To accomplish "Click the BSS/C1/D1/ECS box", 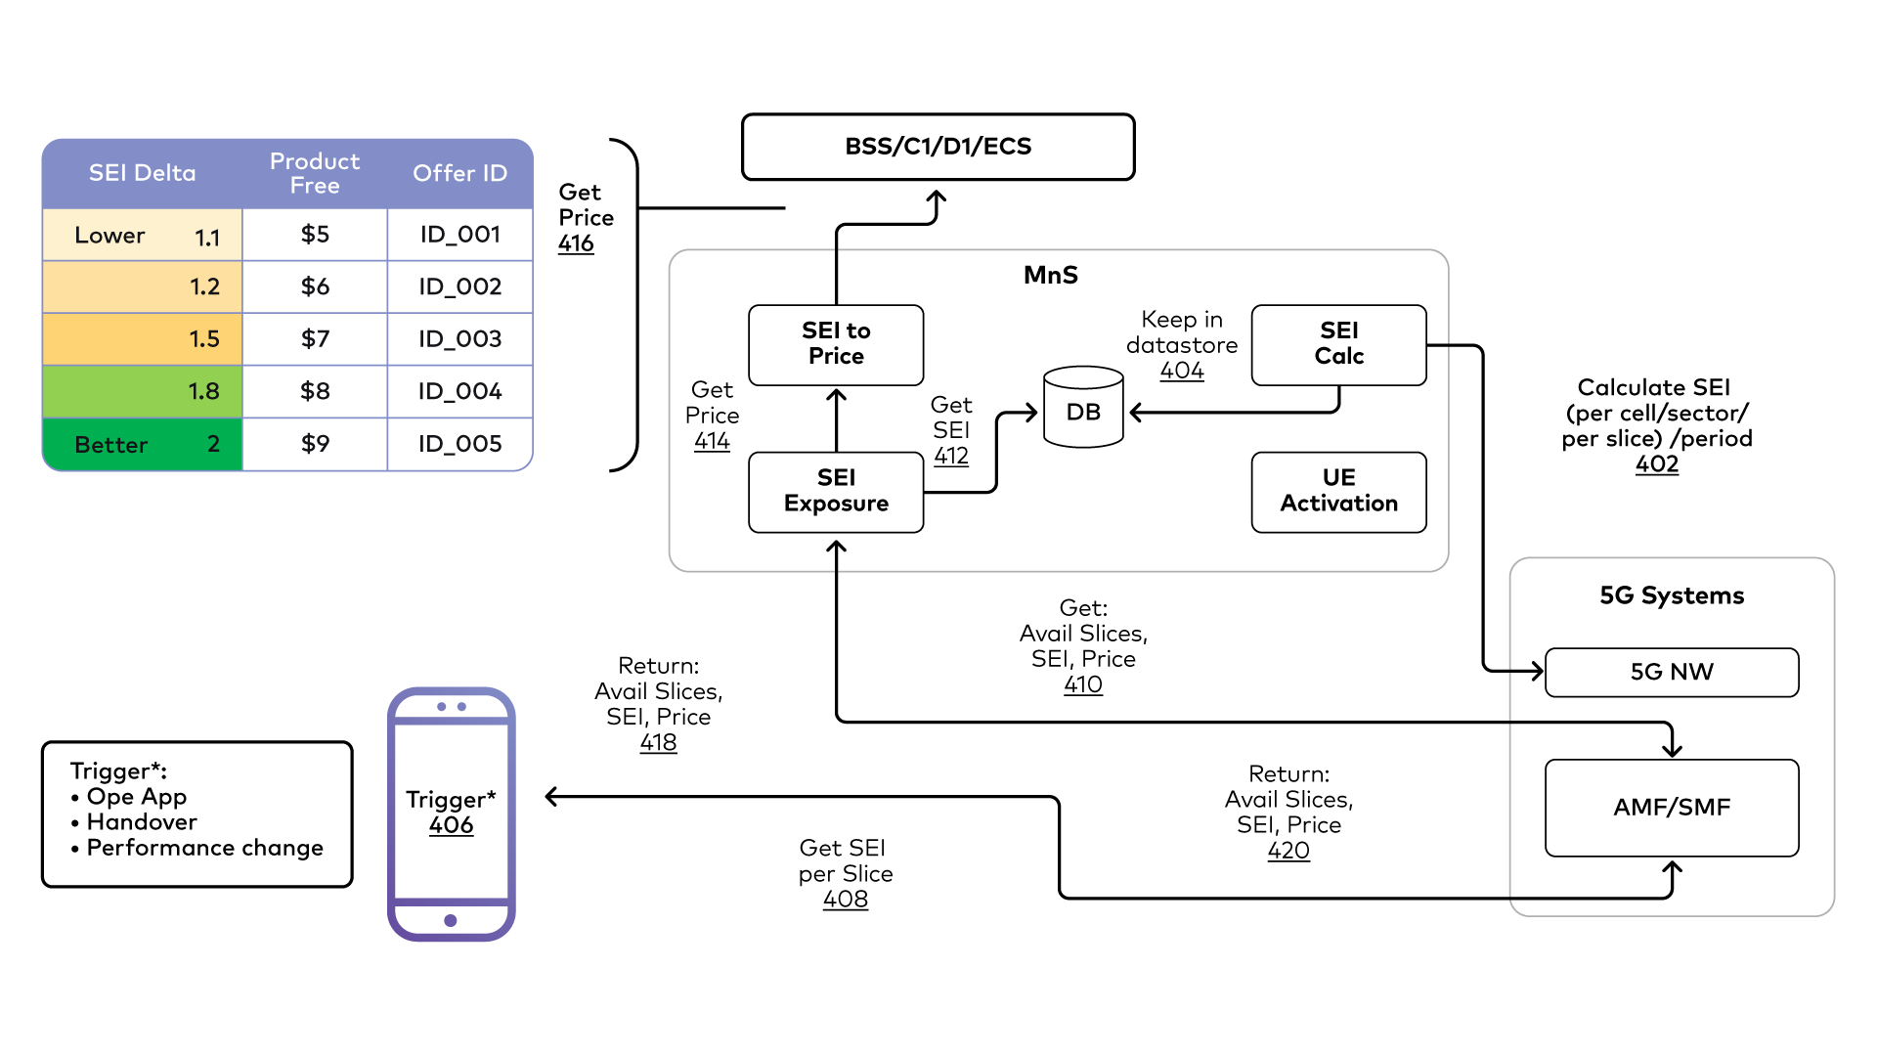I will click(x=938, y=147).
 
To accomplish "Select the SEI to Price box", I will click(x=836, y=344).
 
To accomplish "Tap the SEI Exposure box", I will click(x=836, y=491).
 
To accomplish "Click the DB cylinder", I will click(x=1083, y=409).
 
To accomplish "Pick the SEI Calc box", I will click(x=1338, y=344).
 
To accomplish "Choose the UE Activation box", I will click(x=1338, y=491).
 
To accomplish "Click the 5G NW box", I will click(x=1671, y=672).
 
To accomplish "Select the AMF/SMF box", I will click(x=1671, y=808).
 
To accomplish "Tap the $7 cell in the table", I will click(x=315, y=339).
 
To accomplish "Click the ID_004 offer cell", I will click(x=459, y=391).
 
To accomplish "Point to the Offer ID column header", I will click(x=459, y=173).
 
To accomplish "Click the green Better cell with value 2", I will click(x=143, y=444).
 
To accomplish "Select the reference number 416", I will click(x=576, y=243).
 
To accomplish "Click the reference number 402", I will click(x=1656, y=464).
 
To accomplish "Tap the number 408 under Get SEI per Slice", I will click(x=845, y=900).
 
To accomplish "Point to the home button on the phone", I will click(x=451, y=920).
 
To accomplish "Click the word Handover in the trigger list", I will click(x=142, y=822).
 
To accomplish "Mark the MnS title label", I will click(x=1050, y=275).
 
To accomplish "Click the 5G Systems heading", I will click(x=1671, y=595).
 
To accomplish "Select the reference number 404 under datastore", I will click(x=1181, y=371).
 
